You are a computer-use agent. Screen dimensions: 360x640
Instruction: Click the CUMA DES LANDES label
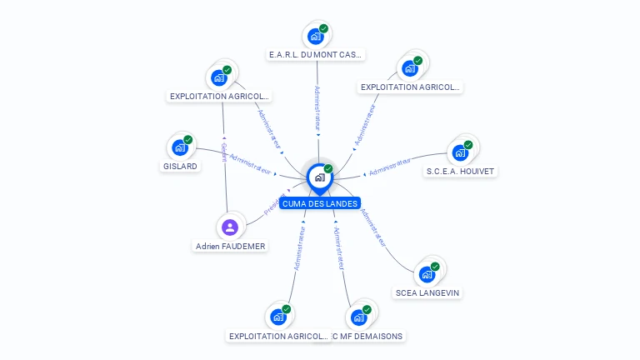(320, 203)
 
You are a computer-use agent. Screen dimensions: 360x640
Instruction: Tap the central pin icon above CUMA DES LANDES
(319, 177)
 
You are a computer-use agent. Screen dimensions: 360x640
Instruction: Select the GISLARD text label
(180, 166)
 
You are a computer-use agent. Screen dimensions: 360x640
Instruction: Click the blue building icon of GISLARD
(179, 147)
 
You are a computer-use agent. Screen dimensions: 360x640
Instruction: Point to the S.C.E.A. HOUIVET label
(460, 172)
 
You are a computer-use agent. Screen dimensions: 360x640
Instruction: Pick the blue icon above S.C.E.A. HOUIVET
(459, 152)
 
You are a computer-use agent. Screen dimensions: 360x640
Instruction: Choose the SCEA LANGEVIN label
(427, 292)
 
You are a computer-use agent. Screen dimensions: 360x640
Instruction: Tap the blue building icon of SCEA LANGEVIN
(427, 274)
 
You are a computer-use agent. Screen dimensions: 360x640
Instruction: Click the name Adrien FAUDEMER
(230, 246)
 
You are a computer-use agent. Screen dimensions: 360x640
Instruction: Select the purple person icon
(230, 227)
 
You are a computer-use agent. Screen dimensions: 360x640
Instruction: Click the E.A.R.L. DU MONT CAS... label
(316, 55)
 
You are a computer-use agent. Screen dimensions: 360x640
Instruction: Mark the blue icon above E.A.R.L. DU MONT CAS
(315, 36)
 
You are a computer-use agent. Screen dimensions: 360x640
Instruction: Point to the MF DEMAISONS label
(369, 336)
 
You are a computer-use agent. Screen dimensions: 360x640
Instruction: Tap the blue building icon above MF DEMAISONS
(358, 317)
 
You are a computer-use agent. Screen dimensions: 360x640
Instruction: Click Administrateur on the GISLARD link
(250, 163)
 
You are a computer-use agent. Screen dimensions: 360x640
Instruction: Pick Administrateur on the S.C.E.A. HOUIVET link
(390, 167)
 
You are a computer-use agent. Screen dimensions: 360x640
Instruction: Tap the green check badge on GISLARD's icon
(188, 140)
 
